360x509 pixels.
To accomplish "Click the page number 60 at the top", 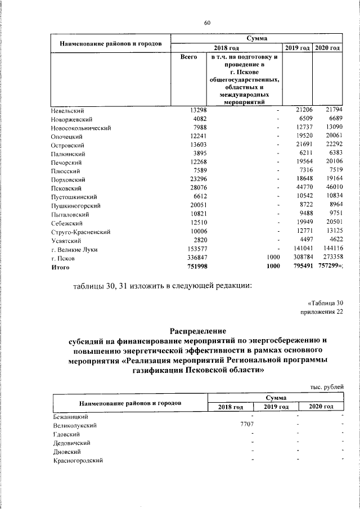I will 207,22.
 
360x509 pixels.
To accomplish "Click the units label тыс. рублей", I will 326,386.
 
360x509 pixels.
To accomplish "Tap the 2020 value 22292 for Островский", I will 330,145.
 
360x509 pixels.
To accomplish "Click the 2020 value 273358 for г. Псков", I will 328,258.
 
